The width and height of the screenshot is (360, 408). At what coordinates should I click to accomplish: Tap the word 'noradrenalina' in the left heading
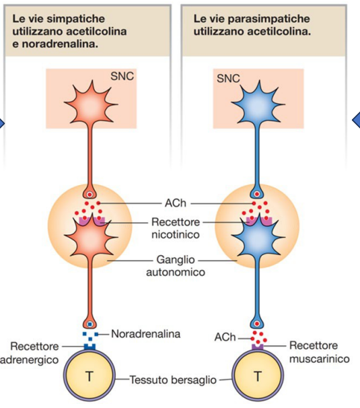[x=60, y=44]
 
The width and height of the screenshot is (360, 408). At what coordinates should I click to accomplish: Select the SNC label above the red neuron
[x=122, y=76]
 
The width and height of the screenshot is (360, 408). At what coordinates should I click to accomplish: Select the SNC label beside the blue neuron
[x=228, y=78]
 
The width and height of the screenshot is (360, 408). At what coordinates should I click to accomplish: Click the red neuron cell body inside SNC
[x=91, y=103]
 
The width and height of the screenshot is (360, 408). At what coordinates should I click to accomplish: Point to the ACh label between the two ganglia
[x=176, y=203]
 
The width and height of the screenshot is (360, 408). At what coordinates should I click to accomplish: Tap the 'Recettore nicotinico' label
[x=176, y=228]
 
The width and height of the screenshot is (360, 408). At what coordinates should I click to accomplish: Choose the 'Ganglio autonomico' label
[x=176, y=266]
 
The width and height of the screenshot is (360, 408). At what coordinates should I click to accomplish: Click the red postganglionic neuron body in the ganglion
[x=91, y=237]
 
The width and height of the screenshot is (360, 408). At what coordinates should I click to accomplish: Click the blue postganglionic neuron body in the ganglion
[x=258, y=237]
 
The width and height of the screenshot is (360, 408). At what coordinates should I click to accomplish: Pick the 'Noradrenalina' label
[x=145, y=334]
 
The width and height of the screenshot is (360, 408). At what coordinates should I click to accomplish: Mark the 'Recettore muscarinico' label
[x=320, y=352]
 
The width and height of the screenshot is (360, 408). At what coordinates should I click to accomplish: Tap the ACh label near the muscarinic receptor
[x=225, y=337]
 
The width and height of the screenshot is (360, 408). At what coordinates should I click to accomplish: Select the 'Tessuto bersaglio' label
[x=173, y=380]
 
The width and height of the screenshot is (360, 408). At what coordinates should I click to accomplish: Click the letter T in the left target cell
[x=89, y=376]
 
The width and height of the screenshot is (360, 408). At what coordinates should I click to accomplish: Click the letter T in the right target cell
[x=258, y=376]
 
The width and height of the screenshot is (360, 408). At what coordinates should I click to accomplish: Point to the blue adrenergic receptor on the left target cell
[x=89, y=347]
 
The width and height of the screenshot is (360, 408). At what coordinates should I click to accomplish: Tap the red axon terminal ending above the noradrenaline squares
[x=89, y=323]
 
